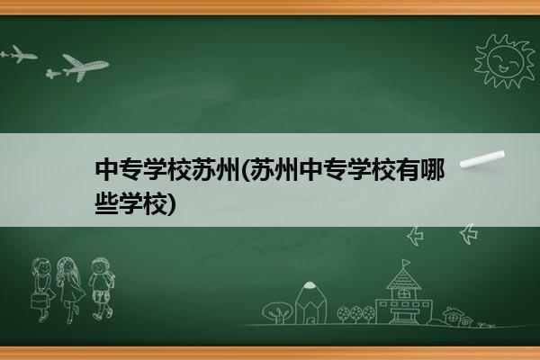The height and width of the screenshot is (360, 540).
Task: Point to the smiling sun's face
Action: (505, 60)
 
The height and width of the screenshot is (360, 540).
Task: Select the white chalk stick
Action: (482, 159)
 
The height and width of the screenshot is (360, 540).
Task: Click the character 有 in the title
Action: (408, 170)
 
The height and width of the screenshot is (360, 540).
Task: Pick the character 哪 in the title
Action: (432, 170)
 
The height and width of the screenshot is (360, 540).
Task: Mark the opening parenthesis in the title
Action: (245, 170)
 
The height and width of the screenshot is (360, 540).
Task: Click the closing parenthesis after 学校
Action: (171, 204)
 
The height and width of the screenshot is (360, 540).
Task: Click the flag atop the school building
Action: (407, 263)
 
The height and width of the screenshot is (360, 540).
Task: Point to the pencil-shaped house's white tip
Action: (310, 285)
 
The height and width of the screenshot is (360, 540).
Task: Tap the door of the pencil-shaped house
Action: (310, 319)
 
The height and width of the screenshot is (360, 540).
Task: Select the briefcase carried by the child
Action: (39, 301)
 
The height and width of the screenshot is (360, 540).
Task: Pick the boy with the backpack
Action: (102, 289)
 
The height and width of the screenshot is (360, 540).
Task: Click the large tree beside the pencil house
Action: (277, 312)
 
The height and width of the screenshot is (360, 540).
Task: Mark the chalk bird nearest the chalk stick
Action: (469, 234)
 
